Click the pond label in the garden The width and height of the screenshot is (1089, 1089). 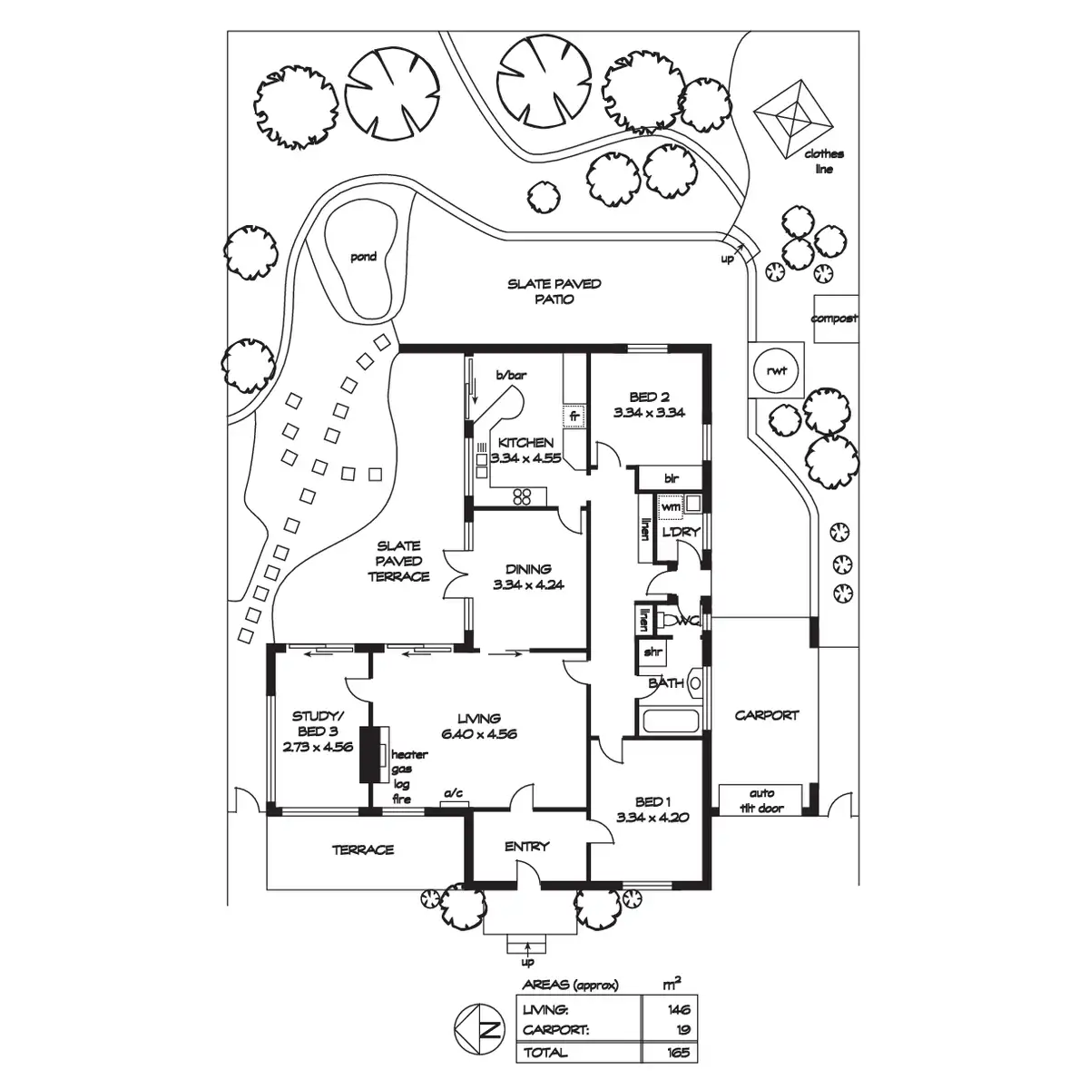point(363,257)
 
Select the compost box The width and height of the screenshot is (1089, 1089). point(834,319)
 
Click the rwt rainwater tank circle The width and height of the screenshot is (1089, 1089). point(776,369)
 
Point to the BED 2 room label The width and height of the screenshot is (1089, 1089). point(648,397)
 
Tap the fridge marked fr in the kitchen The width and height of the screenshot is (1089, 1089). point(574,417)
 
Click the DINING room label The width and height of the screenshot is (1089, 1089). point(528,569)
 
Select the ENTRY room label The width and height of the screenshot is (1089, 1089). point(527,846)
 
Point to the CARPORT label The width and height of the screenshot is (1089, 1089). point(767,714)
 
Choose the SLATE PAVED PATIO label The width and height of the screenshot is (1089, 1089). point(554,291)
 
